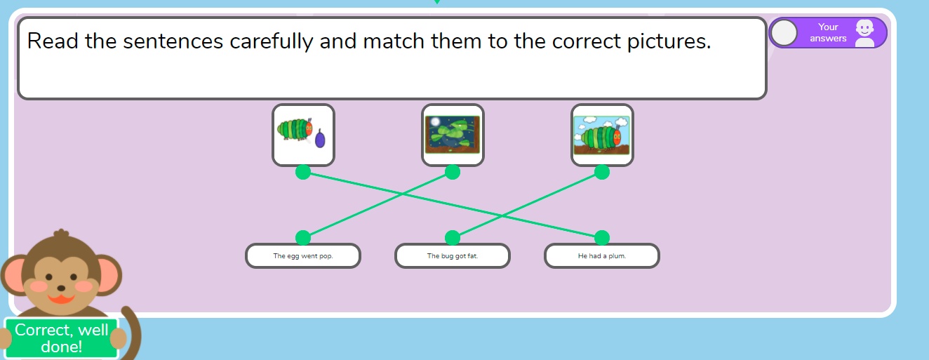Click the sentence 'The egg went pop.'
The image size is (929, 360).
click(x=302, y=256)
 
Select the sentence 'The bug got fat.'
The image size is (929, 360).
click(x=453, y=256)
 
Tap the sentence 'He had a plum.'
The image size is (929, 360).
click(x=602, y=256)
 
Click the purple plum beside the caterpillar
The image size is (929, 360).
click(x=320, y=138)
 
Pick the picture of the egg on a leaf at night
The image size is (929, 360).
click(x=453, y=135)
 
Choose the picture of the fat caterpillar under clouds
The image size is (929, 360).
click(x=602, y=135)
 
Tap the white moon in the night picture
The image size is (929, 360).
click(x=435, y=121)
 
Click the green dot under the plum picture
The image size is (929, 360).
click(x=303, y=172)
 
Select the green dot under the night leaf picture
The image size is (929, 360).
click(x=453, y=172)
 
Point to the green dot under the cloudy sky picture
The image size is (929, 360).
click(x=602, y=172)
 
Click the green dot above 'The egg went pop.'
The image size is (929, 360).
click(x=303, y=238)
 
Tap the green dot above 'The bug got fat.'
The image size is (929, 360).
click(x=453, y=238)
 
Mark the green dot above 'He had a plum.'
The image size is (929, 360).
click(x=602, y=238)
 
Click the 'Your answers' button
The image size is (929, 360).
click(x=828, y=32)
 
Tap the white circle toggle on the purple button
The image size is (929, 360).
click(x=784, y=32)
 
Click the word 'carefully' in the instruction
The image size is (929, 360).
click(x=271, y=42)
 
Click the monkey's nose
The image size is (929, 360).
click(x=61, y=288)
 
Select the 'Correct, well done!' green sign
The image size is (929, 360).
click(x=61, y=338)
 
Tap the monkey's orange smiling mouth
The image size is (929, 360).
click(x=61, y=298)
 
